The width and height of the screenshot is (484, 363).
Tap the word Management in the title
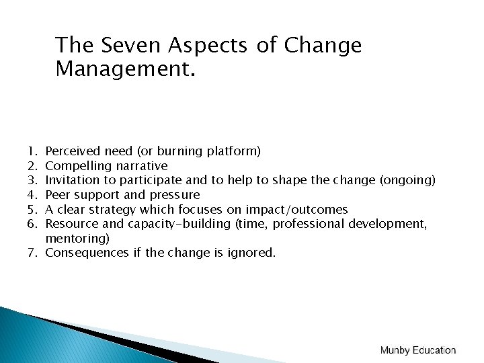tap(125, 68)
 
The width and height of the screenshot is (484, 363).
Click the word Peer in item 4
tap(57, 195)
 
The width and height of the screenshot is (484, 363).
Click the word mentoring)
tap(77, 239)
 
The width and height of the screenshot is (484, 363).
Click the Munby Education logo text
tap(417, 350)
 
